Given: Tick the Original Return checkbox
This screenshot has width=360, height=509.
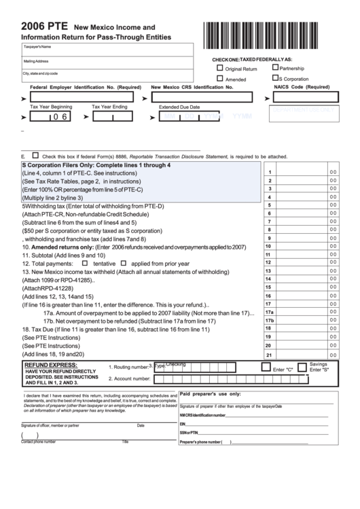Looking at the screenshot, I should pyautogui.click(x=219, y=68).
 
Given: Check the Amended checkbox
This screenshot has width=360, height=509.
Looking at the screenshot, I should pyautogui.click(x=219, y=78).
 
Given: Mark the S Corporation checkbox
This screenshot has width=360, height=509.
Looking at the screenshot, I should pyautogui.click(x=275, y=78).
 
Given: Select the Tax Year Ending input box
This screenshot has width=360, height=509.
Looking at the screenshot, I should pyautogui.click(x=112, y=116).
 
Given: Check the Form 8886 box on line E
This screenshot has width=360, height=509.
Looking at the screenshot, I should pyautogui.click(x=35, y=154).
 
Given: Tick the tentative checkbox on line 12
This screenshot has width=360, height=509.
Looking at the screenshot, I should pyautogui.click(x=85, y=262).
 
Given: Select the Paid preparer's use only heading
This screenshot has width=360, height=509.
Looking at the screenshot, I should pyautogui.click(x=211, y=393).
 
